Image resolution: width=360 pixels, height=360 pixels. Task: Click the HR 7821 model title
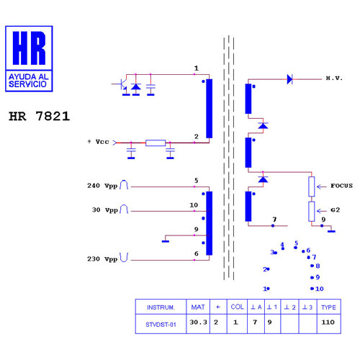pyautogui.click(x=40, y=116)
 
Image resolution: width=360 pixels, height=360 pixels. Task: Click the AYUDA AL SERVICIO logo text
pyautogui.click(x=28, y=81)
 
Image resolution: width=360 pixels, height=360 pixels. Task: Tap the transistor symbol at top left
pyautogui.click(x=122, y=85)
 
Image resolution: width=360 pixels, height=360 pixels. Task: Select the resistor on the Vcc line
pyautogui.click(x=156, y=143)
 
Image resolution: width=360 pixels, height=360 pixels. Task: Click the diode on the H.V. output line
pyautogui.click(x=289, y=79)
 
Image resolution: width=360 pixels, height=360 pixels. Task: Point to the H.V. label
pyautogui.click(x=334, y=78)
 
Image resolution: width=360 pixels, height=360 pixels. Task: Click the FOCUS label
pyautogui.click(x=341, y=186)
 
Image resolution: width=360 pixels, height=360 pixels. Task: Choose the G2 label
pyautogui.click(x=336, y=210)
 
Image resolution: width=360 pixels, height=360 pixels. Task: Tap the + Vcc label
pyautogui.click(x=99, y=142)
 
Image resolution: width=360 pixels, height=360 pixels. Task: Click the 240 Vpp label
pyautogui.click(x=102, y=186)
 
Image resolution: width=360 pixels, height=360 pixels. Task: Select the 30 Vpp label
pyautogui.click(x=105, y=210)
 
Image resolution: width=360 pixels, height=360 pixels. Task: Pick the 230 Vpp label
pyautogui.click(x=102, y=259)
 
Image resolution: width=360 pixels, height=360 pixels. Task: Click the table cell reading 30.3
pyautogui.click(x=198, y=322)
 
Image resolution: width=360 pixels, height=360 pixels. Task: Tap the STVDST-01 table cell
pyautogui.click(x=161, y=325)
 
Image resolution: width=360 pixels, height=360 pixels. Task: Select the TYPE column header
pyautogui.click(x=328, y=307)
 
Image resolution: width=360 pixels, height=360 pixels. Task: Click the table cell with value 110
pyautogui.click(x=328, y=322)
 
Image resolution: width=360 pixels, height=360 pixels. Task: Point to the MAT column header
pyautogui.click(x=198, y=307)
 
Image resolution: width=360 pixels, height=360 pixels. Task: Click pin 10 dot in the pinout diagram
pyautogui.click(x=312, y=289)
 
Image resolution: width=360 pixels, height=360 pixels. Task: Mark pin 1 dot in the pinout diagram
pyautogui.click(x=268, y=289)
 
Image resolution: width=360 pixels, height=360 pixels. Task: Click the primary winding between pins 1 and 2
pyautogui.click(x=209, y=109)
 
